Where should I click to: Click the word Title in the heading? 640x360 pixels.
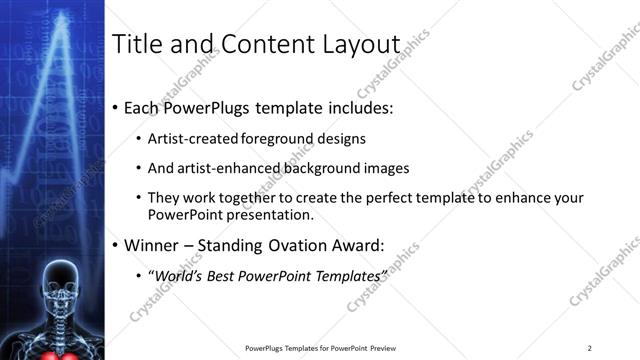(x=135, y=45)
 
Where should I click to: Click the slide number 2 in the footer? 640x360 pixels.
(x=589, y=348)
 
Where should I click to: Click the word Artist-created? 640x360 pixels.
(x=192, y=139)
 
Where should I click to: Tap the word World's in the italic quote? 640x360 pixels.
(x=177, y=274)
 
